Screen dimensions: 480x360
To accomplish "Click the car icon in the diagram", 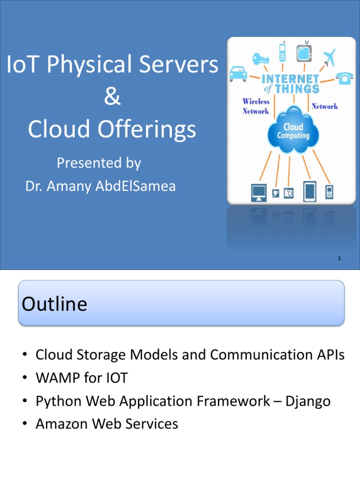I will tap(239, 73).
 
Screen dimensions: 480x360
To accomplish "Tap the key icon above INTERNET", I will tap(260, 59).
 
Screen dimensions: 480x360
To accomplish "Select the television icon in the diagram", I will tap(304, 52).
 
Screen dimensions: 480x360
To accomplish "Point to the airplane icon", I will tap(330, 57).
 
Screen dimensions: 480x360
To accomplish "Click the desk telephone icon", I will tap(345, 78).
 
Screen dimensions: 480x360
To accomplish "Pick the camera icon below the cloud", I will tap(289, 193).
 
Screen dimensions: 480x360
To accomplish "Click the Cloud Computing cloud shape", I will tap(294, 130).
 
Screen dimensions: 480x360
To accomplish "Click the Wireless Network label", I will tap(255, 106).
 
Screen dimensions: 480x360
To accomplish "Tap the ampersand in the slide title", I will tap(112, 97).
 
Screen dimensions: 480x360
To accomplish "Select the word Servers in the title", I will tap(179, 65).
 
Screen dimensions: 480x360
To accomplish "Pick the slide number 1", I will tap(338, 259).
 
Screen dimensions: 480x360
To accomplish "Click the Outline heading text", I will tap(54, 304).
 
